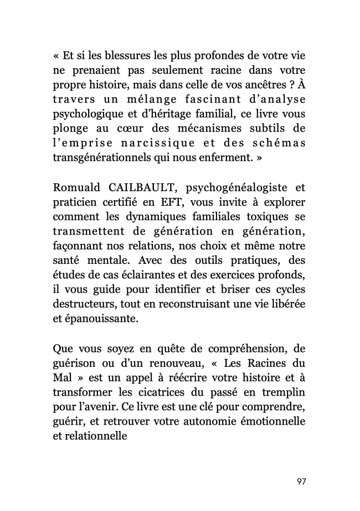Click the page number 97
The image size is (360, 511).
point(301,481)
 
